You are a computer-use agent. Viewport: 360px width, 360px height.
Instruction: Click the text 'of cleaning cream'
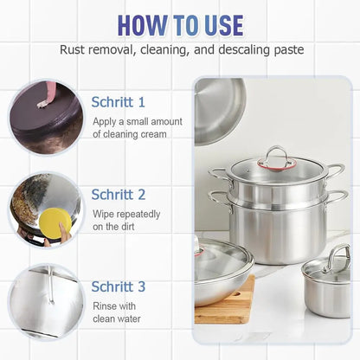tap(130, 134)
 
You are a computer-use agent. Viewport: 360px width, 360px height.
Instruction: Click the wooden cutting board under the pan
tap(227, 307)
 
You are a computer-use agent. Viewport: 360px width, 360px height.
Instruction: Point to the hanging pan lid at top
tap(218, 108)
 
